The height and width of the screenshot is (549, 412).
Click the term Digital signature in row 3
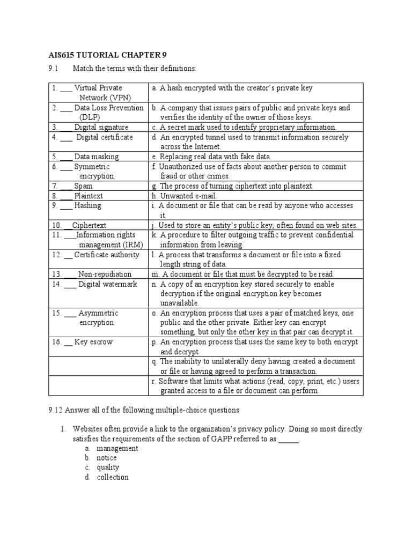tap(101, 127)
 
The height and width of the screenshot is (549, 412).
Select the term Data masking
tap(97, 157)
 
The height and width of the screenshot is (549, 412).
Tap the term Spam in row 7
tap(83, 186)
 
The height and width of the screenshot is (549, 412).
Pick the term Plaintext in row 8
tap(88, 196)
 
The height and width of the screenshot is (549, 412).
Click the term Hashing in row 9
tap(87, 205)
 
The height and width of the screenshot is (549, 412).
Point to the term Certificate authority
tap(107, 255)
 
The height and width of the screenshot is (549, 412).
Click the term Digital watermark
tap(107, 284)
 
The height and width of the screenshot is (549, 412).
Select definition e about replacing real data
tap(211, 157)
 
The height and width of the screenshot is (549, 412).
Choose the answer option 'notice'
tap(106, 458)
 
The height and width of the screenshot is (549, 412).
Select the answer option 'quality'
tap(108, 468)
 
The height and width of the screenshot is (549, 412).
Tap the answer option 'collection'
tap(113, 477)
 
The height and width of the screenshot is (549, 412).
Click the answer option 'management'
tap(117, 448)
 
